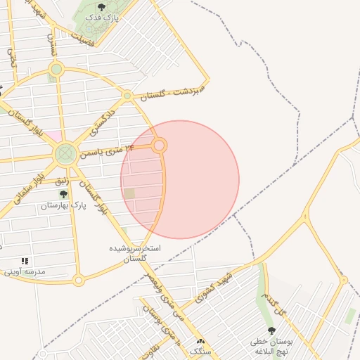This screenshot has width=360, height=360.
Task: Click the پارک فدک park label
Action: [101, 16]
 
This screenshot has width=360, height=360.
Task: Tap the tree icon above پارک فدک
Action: [101, 7]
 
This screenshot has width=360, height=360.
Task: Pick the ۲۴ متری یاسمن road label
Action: [105, 150]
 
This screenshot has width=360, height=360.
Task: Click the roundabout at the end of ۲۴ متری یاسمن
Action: [160, 146]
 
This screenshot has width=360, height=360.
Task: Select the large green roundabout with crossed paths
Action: [65, 153]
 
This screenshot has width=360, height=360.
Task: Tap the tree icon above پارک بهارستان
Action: [63, 194]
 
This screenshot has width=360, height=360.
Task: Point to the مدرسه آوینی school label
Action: [25, 271]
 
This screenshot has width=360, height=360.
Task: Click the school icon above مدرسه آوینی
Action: [25, 261]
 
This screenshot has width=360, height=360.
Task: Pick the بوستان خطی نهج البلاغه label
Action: [271, 345]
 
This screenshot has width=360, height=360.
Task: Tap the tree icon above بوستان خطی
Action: [271, 330]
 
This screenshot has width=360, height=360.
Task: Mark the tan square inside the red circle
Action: [129, 193]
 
